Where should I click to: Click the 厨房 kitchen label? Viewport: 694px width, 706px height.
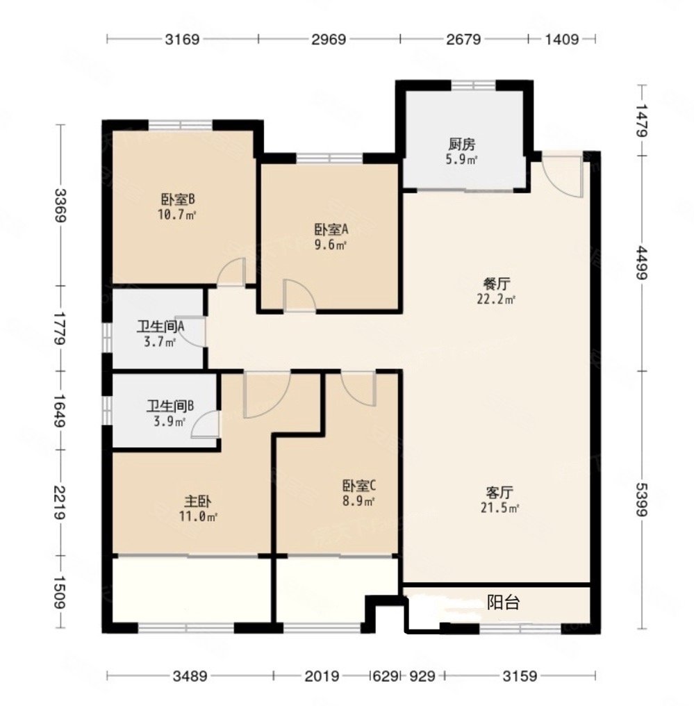[x=462, y=145]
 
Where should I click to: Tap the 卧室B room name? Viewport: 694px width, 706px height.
[x=178, y=199]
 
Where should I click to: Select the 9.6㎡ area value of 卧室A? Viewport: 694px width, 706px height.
[x=331, y=245]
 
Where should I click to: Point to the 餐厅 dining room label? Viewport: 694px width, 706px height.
[x=497, y=284]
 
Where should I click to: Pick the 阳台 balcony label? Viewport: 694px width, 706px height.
[x=504, y=602]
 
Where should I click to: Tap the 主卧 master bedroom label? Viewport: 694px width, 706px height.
[x=198, y=501]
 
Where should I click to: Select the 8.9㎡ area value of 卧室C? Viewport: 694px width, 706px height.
[x=358, y=501]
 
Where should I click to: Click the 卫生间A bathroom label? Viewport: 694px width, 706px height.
[x=160, y=327]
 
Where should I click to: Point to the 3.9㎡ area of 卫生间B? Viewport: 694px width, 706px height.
[x=169, y=422]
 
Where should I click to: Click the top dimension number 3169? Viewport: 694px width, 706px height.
[x=182, y=39]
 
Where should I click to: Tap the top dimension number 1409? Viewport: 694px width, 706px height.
[x=562, y=39]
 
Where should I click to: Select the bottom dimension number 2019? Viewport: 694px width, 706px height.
[x=322, y=676]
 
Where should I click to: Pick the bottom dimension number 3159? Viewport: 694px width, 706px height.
[x=520, y=676]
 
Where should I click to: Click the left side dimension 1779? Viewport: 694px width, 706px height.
[x=60, y=328]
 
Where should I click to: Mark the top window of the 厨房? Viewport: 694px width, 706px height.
[x=474, y=85]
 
